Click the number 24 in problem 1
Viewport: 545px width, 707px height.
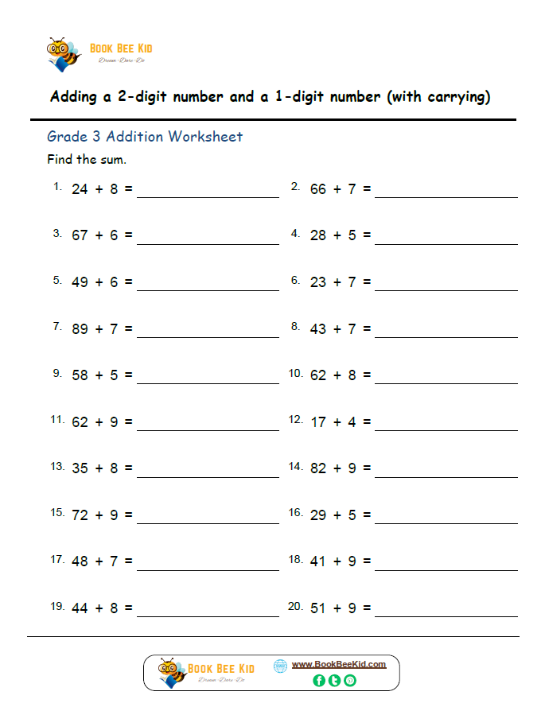point(80,189)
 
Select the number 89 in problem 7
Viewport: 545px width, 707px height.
point(80,328)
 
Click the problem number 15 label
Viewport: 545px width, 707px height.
point(57,512)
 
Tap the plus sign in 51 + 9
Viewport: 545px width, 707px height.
point(337,608)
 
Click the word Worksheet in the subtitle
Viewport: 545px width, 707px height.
point(204,137)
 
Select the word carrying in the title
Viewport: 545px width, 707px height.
point(454,97)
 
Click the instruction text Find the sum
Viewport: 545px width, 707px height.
point(87,159)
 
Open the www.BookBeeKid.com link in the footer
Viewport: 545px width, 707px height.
point(339,664)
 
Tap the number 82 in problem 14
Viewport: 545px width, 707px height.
point(318,468)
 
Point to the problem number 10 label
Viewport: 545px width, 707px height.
point(295,372)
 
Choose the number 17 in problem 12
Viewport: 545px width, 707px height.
point(318,422)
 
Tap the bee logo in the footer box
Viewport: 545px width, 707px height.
point(171,672)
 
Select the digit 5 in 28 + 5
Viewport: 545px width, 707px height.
point(352,235)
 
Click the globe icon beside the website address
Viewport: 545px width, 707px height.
point(280,666)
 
